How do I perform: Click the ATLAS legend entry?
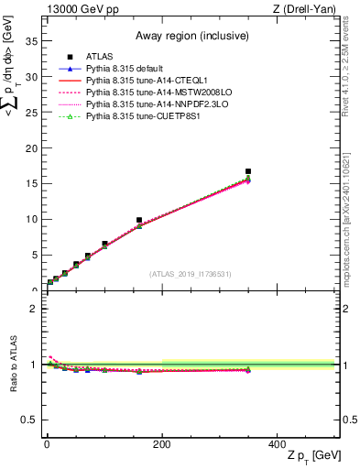pos(98,57)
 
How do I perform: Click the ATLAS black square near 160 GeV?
pos(139,221)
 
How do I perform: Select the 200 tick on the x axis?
pos(162,443)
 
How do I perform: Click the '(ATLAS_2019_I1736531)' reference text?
pos(191,274)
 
